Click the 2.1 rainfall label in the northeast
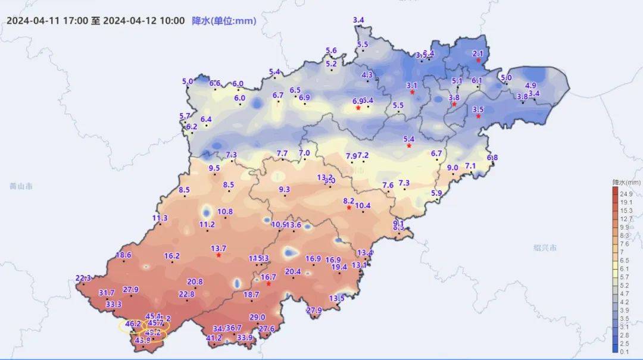point(477,54)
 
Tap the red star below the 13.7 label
point(219,255)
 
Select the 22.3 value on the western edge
point(83,278)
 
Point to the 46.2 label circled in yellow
point(133,324)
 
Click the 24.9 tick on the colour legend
point(626,194)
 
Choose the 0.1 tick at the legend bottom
point(626,352)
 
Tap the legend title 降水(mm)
point(626,182)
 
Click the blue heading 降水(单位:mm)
point(224,21)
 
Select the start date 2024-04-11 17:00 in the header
point(47,21)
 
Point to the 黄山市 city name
point(21,186)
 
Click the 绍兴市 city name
point(545,247)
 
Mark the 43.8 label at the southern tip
point(143,340)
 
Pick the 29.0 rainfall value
point(257,317)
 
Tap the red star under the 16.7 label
point(269,284)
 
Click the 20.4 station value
point(293,271)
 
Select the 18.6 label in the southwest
point(123,255)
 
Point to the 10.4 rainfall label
point(363,206)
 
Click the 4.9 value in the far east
point(530,85)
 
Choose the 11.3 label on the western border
point(160,218)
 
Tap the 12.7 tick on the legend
point(626,219)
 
